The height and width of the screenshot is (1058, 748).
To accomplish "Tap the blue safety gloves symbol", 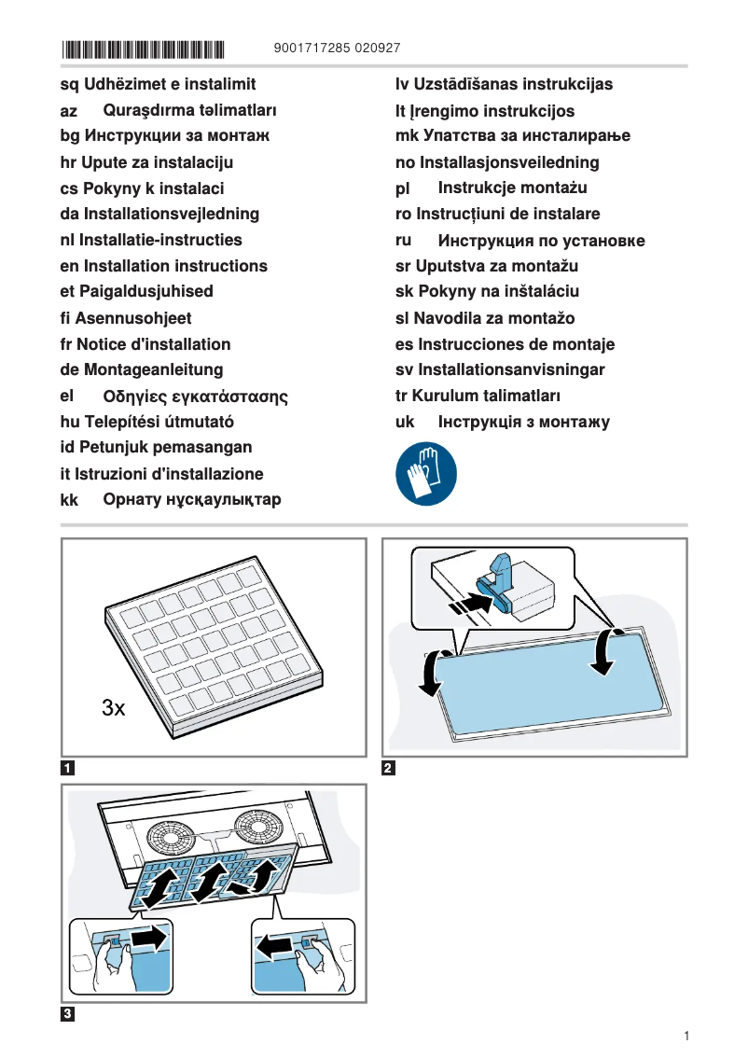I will tap(426, 475).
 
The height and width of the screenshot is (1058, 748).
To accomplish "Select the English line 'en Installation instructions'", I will tap(163, 266).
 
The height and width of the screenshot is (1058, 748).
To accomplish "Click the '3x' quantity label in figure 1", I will tap(113, 708).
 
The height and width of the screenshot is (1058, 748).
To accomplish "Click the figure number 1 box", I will tap(68, 769).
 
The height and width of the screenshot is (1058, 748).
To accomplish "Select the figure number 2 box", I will tap(389, 769).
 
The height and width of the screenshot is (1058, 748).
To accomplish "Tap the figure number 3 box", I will tap(68, 1014).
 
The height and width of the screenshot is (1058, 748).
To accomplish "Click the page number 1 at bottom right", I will tap(686, 1036).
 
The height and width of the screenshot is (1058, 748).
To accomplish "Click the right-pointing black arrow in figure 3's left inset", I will tap(149, 937).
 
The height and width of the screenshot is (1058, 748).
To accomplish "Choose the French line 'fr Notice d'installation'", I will tap(145, 344).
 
